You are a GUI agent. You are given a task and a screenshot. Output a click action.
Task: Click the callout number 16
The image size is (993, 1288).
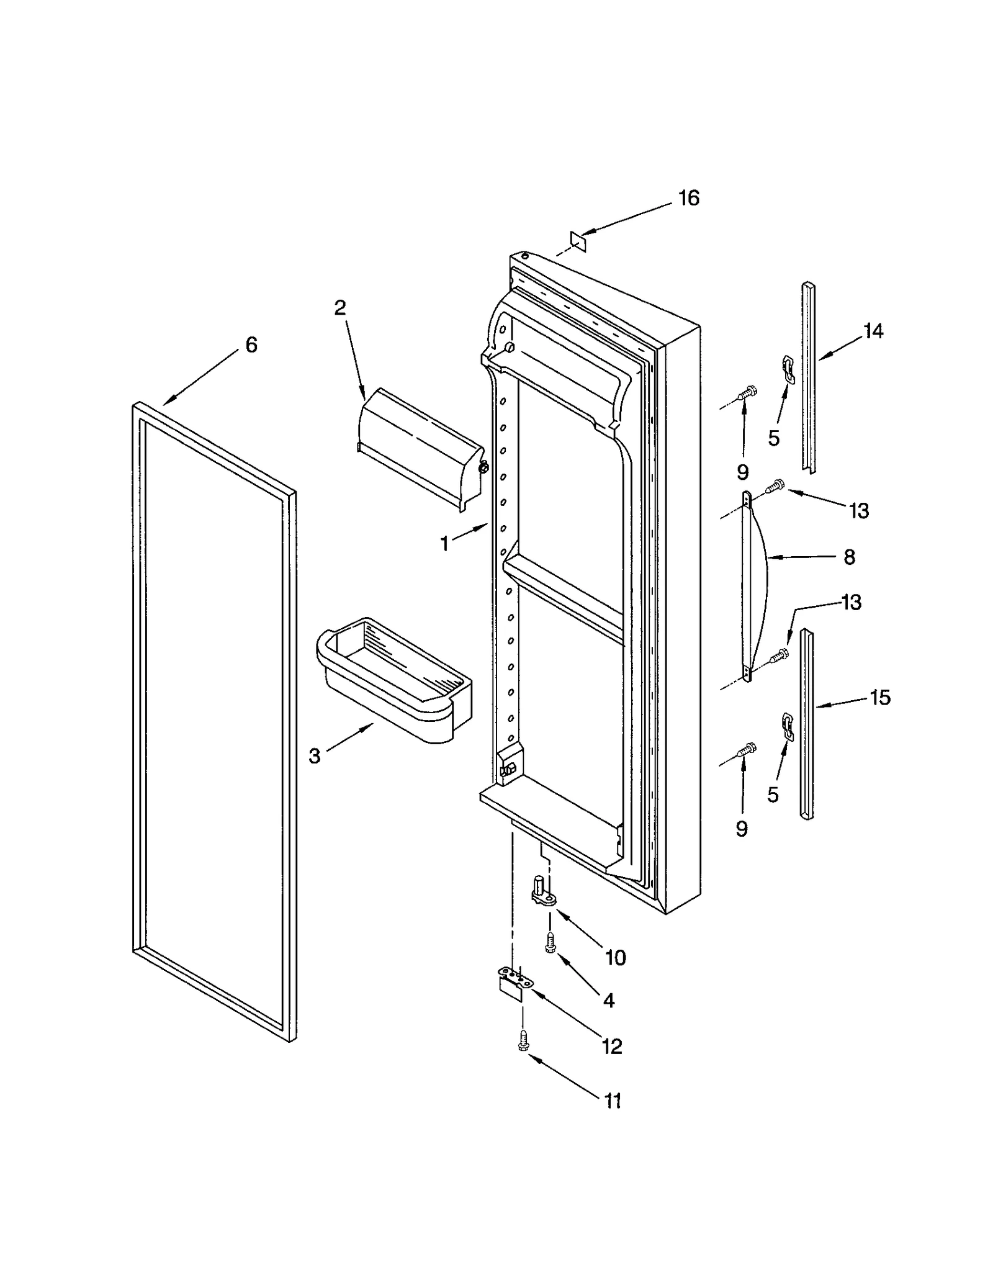[688, 198]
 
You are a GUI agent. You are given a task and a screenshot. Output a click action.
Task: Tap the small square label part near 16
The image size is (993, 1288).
[578, 239]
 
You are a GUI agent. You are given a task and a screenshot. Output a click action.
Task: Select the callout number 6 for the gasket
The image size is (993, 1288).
[251, 345]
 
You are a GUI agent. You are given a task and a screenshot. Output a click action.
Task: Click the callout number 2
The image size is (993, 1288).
[340, 307]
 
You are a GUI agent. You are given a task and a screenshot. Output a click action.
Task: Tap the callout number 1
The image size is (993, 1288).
[444, 544]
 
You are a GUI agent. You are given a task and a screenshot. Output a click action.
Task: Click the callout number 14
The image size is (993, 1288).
[873, 331]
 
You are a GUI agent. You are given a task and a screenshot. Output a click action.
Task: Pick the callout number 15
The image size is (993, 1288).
[879, 698]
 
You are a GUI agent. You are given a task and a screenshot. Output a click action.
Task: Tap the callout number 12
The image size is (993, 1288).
[611, 1047]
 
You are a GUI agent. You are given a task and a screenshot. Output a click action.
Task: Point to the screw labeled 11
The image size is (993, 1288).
[523, 1041]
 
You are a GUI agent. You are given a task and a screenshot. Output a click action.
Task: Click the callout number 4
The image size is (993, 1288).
[608, 1000]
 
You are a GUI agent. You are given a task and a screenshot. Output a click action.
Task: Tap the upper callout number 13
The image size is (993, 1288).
[859, 511]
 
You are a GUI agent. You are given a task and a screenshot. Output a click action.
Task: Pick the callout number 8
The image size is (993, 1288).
[849, 557]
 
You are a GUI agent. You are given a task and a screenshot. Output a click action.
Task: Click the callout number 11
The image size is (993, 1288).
[612, 1101]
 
